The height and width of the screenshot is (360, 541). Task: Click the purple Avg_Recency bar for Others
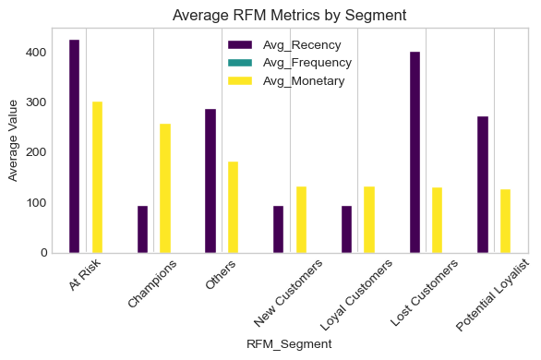point(210,181)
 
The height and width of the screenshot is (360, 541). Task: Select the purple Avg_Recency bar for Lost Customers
point(415,152)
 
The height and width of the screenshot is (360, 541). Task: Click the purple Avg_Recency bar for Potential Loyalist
point(483,185)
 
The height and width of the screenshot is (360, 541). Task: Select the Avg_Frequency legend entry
point(292,63)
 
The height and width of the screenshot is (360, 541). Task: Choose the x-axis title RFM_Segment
point(289,343)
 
